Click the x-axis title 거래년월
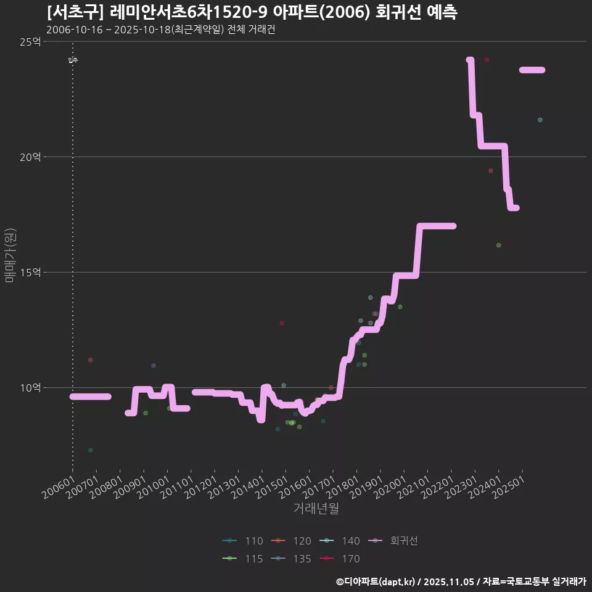point(316,509)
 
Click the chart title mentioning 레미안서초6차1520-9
point(252,12)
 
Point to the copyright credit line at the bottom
point(461,582)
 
